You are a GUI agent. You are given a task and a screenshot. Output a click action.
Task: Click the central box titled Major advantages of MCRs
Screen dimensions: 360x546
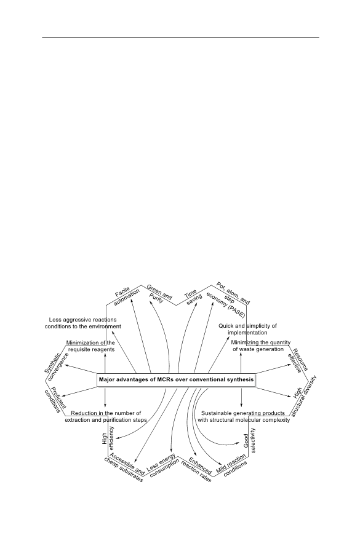177,379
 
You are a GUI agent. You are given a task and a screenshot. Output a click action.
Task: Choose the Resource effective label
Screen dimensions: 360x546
298,360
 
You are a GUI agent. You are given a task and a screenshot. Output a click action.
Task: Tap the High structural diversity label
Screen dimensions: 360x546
303,396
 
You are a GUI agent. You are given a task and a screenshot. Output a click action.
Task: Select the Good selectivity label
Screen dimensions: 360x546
249,440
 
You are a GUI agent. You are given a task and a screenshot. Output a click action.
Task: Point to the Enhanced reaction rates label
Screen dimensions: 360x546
198,470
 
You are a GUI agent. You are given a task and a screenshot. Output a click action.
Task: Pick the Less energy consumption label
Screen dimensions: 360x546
162,466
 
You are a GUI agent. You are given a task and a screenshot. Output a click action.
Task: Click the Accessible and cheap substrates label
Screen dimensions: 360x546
125,469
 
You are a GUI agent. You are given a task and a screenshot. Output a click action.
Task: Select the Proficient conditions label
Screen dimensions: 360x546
55,400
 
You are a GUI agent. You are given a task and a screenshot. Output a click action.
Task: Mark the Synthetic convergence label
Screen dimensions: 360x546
56,366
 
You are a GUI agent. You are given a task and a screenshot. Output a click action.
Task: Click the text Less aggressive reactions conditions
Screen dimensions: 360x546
82,323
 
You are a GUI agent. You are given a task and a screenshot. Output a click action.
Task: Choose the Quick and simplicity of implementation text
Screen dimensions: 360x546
248,329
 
